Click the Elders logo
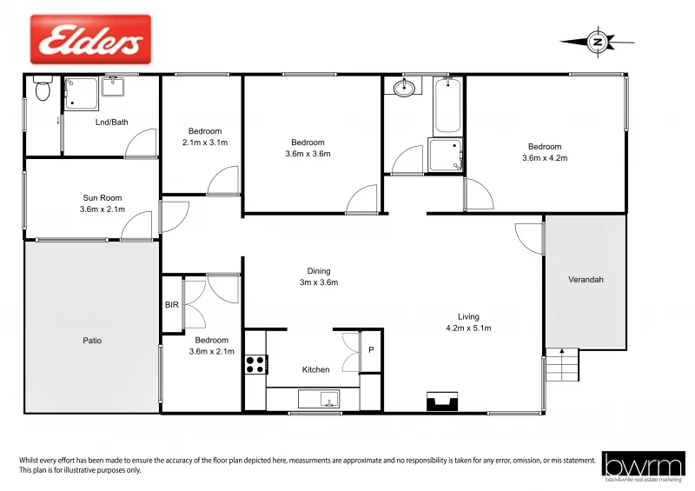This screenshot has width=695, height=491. [x=90, y=40]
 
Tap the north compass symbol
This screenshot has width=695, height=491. [x=596, y=40]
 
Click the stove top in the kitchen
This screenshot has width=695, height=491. [x=255, y=364]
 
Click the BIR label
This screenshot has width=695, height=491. [x=171, y=305]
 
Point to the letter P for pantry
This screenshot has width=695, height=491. [x=371, y=350]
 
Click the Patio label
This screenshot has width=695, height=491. [x=92, y=341]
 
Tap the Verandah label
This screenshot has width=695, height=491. [x=585, y=280]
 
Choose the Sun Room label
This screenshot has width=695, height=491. [x=103, y=198]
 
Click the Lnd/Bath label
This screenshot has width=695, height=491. [x=111, y=122]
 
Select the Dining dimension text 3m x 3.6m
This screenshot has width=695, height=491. [x=319, y=282]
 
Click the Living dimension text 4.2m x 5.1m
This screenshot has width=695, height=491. [x=468, y=328]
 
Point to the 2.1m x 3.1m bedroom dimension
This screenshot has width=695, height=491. [x=205, y=143]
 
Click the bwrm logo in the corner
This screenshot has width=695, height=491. [x=644, y=465]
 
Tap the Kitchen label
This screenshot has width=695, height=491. [x=315, y=369]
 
